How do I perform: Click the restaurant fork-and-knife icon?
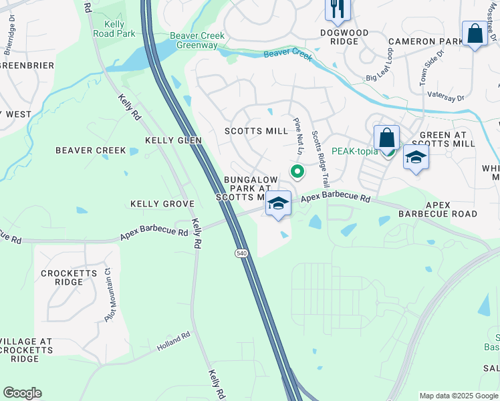click(335, 9)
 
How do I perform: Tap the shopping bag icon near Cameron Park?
click(475, 33)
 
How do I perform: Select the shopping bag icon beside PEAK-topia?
click(386, 138)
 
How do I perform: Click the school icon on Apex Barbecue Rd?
click(279, 204)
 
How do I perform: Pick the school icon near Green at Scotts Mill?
click(416, 158)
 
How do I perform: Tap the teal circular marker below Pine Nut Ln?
click(297, 172)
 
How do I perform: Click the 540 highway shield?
click(241, 253)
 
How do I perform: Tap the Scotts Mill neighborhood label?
click(256, 131)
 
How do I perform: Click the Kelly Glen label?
click(173, 140)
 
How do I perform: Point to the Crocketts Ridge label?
click(70, 278)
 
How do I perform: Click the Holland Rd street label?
click(174, 344)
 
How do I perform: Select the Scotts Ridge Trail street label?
click(321, 158)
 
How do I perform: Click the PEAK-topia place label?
click(354, 152)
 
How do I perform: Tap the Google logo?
click(22, 393)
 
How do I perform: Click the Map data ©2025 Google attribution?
click(458, 396)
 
